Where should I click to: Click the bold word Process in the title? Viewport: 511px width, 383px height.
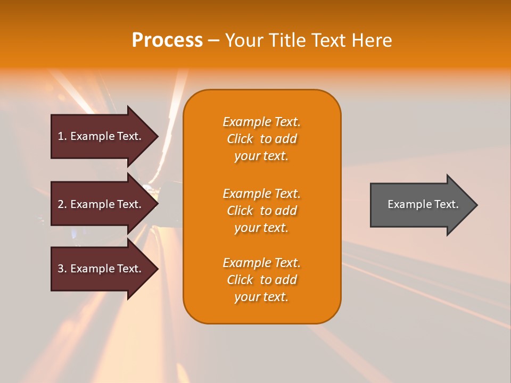pyautogui.click(x=167, y=40)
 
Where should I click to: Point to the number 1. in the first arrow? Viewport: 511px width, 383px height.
pyautogui.click(x=62, y=136)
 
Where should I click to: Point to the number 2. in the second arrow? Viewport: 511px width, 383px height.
pyautogui.click(x=62, y=204)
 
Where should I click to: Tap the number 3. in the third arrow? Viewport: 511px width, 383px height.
pyautogui.click(x=62, y=269)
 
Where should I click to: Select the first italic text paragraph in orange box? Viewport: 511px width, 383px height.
pyautogui.click(x=261, y=139)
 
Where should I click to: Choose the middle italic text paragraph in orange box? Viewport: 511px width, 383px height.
pyautogui.click(x=261, y=211)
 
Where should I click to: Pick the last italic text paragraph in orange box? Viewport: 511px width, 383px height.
pyautogui.click(x=261, y=280)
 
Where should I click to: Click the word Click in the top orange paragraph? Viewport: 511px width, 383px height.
pyautogui.click(x=240, y=139)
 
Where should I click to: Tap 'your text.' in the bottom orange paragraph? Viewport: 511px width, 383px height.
pyautogui.click(x=261, y=297)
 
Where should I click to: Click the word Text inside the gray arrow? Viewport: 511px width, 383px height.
pyautogui.click(x=446, y=204)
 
